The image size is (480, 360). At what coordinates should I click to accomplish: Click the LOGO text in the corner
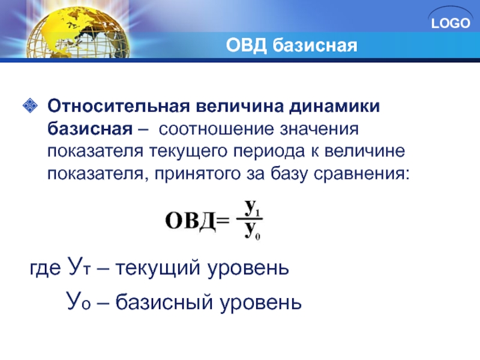point(451,23)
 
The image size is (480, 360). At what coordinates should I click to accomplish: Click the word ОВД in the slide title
point(247,46)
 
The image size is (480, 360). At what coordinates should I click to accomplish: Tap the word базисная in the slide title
point(314,46)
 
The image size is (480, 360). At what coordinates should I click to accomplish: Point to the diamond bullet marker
point(30,106)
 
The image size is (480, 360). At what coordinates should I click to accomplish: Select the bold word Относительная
point(118,106)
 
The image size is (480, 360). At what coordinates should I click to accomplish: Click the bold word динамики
point(335,106)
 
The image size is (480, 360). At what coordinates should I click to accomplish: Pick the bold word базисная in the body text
point(90,128)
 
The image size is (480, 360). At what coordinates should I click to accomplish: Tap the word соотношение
point(217,129)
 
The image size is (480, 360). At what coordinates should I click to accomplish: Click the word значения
point(319,129)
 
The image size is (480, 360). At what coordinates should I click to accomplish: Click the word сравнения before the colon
point(358,175)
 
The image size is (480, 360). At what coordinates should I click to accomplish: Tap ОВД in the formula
point(190,220)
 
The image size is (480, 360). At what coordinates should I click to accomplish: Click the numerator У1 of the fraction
point(252,208)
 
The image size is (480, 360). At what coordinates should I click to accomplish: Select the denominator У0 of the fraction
point(252,231)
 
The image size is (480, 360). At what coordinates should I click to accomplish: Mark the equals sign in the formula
point(223,220)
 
